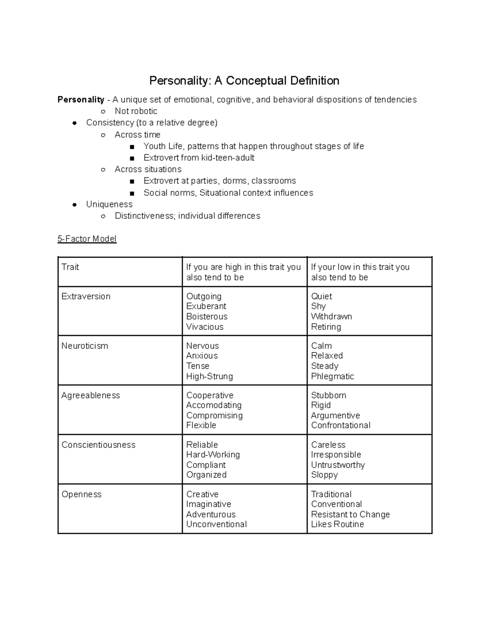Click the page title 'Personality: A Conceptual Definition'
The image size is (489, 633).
click(x=244, y=81)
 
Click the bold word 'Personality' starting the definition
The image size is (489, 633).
click(x=81, y=99)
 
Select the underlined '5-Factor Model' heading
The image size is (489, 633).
click(x=87, y=239)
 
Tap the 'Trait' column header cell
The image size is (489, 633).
click(x=70, y=267)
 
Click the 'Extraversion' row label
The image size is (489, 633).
click(x=86, y=296)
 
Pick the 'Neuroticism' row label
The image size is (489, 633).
click(x=85, y=346)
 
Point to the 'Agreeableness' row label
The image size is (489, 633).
click(x=90, y=395)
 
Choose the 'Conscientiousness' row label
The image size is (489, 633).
click(x=98, y=445)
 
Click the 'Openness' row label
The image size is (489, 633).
click(x=81, y=494)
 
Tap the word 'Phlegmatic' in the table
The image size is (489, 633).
click(x=333, y=376)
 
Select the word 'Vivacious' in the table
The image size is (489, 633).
click(x=205, y=327)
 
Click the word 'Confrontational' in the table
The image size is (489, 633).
click(x=341, y=425)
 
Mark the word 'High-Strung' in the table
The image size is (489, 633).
click(x=209, y=376)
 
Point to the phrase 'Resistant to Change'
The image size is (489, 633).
click(x=350, y=514)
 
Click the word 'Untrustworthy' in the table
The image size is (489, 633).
click(x=338, y=465)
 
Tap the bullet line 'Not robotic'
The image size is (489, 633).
click(x=136, y=111)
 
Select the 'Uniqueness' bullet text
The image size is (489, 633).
click(x=109, y=204)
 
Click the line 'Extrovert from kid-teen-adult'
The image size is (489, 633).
click(x=199, y=158)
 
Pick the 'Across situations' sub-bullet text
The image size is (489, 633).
click(x=148, y=169)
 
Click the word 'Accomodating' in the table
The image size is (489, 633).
click(x=214, y=405)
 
